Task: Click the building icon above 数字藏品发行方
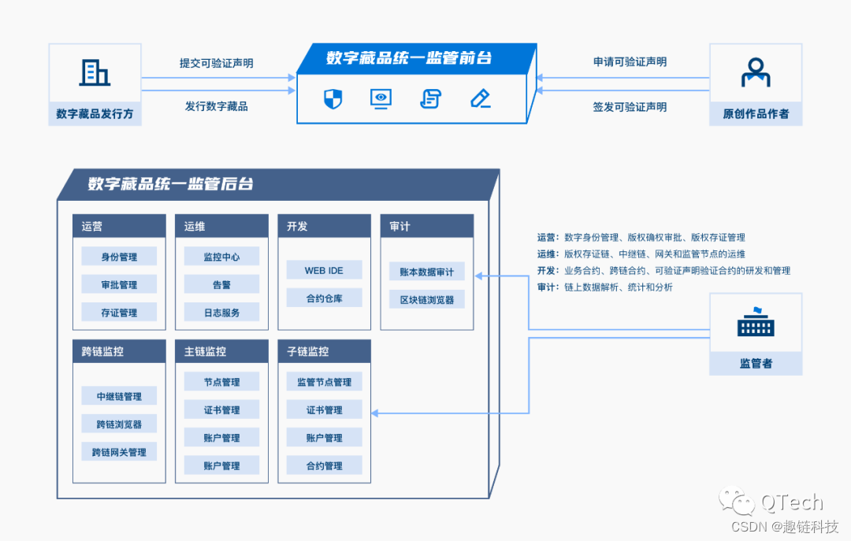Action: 95,72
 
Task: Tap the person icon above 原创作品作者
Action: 756,72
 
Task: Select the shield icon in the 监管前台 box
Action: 333,98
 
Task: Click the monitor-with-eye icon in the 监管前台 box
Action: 381,98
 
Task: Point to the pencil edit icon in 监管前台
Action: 480,98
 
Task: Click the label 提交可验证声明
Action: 217,63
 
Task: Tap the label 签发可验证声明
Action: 630,106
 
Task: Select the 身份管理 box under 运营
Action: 119,257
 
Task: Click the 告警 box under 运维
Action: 221,284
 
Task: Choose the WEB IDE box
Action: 324,271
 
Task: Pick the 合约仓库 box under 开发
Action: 324,298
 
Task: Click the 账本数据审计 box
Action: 426,272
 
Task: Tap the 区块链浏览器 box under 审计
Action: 426,299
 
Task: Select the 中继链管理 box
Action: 119,396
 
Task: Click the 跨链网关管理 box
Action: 119,452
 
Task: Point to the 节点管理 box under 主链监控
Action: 221,382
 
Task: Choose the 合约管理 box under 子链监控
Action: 324,465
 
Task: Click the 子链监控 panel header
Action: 324,351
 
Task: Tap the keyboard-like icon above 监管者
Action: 756,322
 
